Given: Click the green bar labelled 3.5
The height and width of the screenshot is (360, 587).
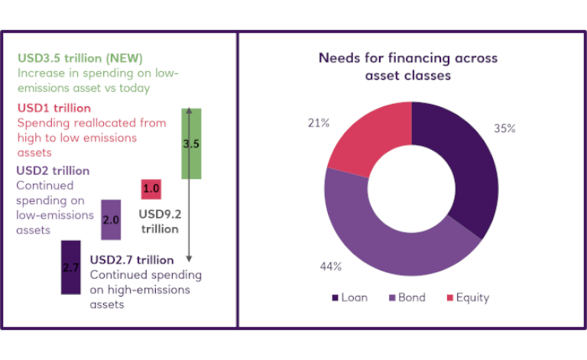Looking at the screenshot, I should pyautogui.click(x=190, y=143).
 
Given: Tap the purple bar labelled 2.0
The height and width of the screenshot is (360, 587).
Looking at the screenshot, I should pyautogui.click(x=111, y=219).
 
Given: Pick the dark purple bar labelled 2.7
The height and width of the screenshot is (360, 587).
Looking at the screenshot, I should pyautogui.click(x=70, y=267).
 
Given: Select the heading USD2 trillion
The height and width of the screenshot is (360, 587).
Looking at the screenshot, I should pyautogui.click(x=53, y=170).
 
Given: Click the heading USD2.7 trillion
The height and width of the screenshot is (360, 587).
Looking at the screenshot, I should pyautogui.click(x=132, y=260).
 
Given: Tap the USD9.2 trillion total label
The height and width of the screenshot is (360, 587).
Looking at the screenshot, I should pyautogui.click(x=159, y=222).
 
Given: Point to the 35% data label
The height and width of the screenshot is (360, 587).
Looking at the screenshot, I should pyautogui.click(x=504, y=129).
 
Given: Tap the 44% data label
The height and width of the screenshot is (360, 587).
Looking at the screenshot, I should pyautogui.click(x=331, y=267).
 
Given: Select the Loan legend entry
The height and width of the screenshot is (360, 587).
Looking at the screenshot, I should pyautogui.click(x=350, y=297).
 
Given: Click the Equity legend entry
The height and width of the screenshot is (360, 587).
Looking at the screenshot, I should pyautogui.click(x=467, y=297).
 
